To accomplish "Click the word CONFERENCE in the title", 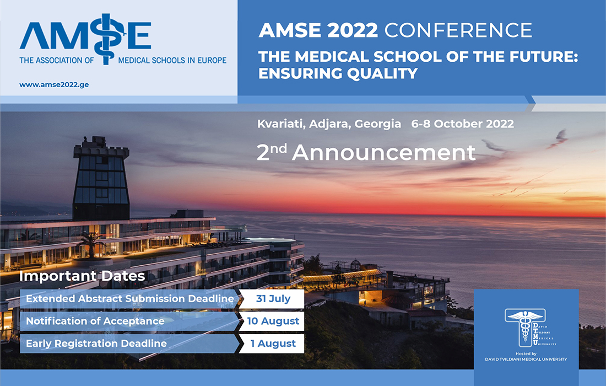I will (x=458, y=30).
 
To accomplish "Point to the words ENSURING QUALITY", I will (x=338, y=73).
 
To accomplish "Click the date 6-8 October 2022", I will (x=462, y=124).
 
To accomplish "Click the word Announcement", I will (x=383, y=153).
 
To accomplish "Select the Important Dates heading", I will (x=82, y=276).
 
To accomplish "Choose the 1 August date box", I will (x=273, y=343).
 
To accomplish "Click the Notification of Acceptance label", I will (x=95, y=321).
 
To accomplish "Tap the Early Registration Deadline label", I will (x=96, y=344).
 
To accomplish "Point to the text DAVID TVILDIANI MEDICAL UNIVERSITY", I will (x=526, y=360).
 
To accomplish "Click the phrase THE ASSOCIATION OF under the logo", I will (x=57, y=61).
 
